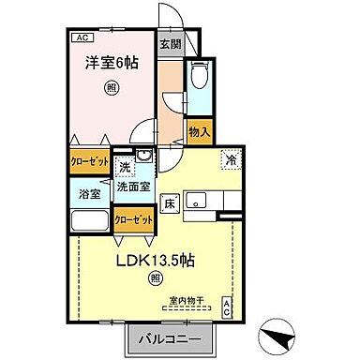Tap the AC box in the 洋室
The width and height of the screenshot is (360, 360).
pos(81,37)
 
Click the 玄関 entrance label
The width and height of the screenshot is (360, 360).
pos(169,43)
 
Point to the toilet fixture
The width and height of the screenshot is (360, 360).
pos(200,79)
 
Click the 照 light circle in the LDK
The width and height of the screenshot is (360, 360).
pos(156,277)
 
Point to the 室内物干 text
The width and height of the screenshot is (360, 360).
pos(186,301)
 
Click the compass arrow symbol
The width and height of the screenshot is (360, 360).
pos(278,332)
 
